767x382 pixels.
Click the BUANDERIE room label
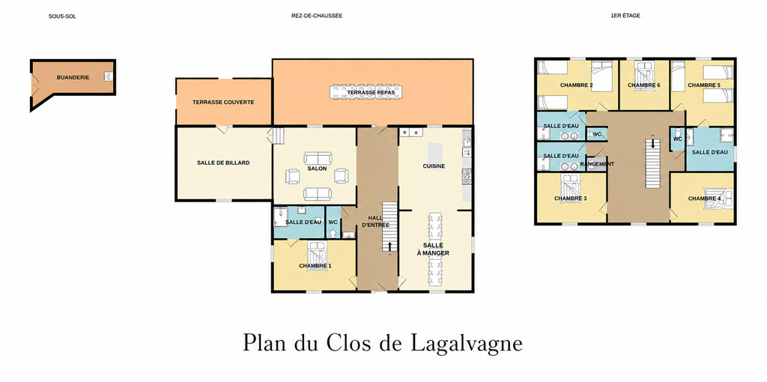click(73, 77)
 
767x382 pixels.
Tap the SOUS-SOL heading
click(62, 16)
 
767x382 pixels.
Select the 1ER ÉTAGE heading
click(625, 16)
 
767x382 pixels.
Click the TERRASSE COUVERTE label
click(223, 102)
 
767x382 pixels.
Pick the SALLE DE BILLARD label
click(223, 163)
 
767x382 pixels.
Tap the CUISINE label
click(434, 166)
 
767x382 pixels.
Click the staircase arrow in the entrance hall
click(389, 246)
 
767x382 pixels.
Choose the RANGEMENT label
click(597, 164)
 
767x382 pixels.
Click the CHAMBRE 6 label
click(644, 85)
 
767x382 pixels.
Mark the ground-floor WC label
click(333, 222)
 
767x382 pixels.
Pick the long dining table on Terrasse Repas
click(366, 92)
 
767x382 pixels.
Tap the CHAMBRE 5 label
click(704, 85)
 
